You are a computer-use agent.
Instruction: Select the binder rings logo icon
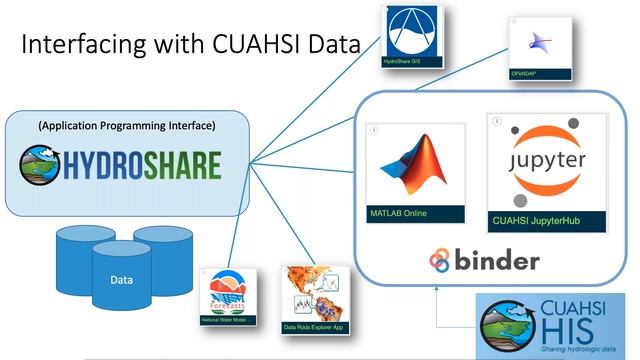(x=441, y=260)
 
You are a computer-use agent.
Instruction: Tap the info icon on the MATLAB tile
(x=373, y=132)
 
